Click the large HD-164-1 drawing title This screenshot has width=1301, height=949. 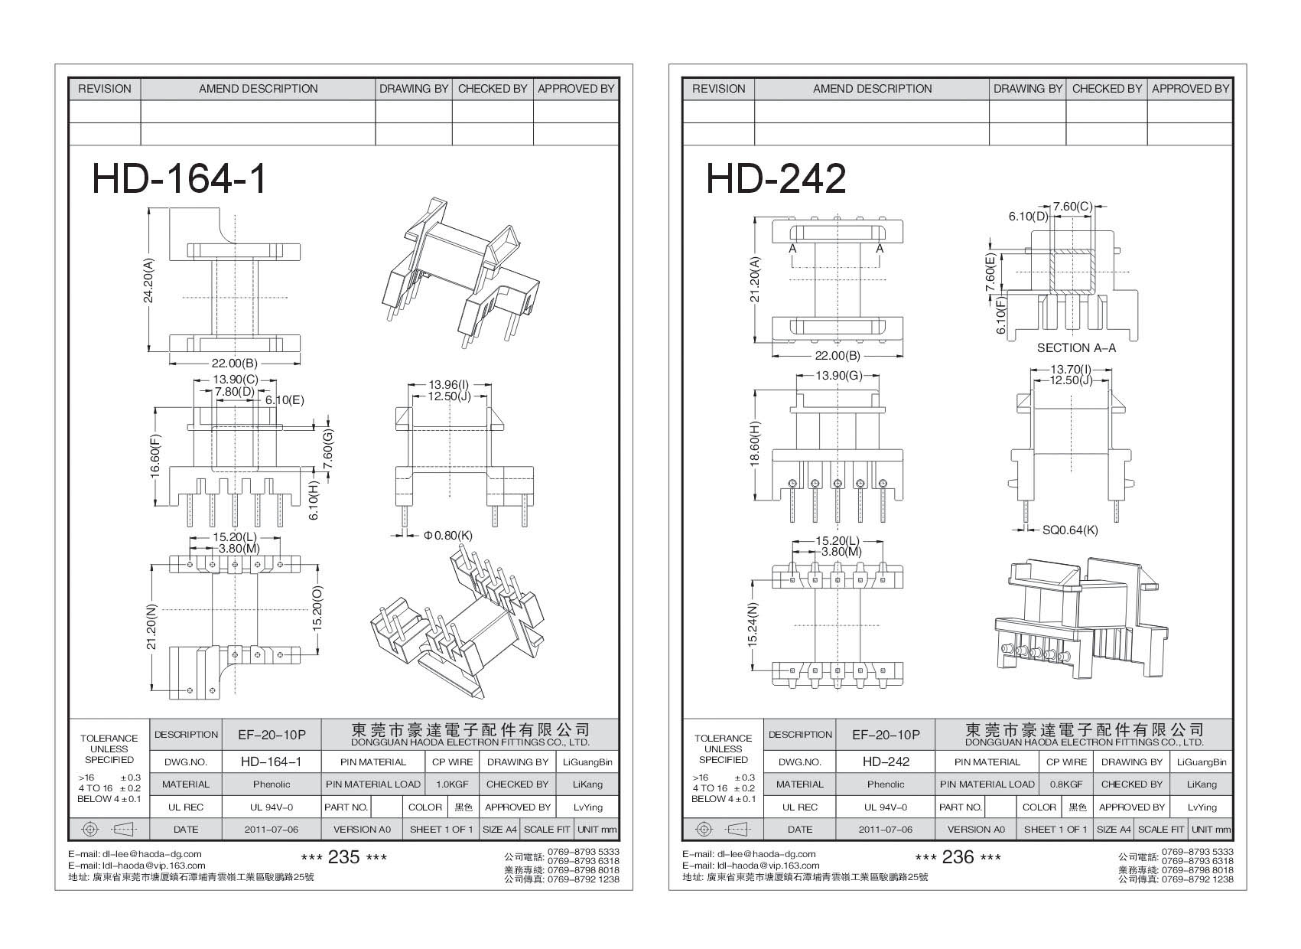coord(180,179)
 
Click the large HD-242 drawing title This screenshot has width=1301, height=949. coord(776,179)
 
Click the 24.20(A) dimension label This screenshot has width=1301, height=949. coord(149,280)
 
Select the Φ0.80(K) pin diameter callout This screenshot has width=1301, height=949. coord(448,536)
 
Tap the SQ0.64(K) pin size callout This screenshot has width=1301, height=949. coord(1070,530)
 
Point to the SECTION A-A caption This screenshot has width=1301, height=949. coord(1076,347)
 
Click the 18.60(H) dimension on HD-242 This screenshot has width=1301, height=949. coord(756,444)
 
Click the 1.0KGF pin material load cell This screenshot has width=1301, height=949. coord(453,784)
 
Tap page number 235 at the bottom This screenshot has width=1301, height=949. coord(343,857)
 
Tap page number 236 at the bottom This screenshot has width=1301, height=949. coord(958,857)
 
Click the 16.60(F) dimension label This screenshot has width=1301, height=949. coord(156,457)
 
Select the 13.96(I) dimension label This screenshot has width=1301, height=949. coord(448,384)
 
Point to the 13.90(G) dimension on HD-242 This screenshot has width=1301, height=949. coord(838,375)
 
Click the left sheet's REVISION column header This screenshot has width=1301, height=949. coord(105,89)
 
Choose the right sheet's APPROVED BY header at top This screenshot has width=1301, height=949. coord(1190,89)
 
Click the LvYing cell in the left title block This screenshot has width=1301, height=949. coord(588,807)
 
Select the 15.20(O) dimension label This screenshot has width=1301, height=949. coord(318,609)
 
